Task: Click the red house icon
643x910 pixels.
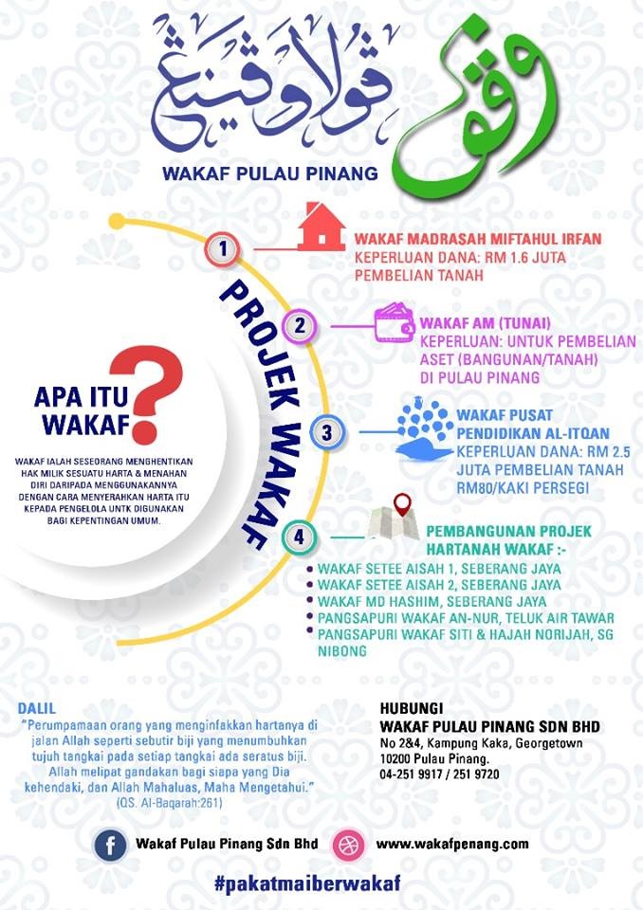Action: [321, 227]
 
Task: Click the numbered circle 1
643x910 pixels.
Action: [222, 250]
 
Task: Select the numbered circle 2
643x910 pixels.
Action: [300, 326]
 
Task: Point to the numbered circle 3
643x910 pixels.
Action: [326, 433]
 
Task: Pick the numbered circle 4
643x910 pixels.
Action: [299, 537]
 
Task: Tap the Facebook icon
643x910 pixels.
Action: [110, 844]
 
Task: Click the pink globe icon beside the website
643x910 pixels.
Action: [347, 844]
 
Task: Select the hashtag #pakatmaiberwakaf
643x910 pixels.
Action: [307, 883]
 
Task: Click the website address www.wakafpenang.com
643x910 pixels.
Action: [452, 843]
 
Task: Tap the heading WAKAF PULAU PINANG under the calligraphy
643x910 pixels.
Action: [269, 173]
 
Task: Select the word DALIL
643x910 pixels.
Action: [37, 708]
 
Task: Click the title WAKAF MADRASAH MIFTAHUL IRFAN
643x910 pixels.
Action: [478, 239]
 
